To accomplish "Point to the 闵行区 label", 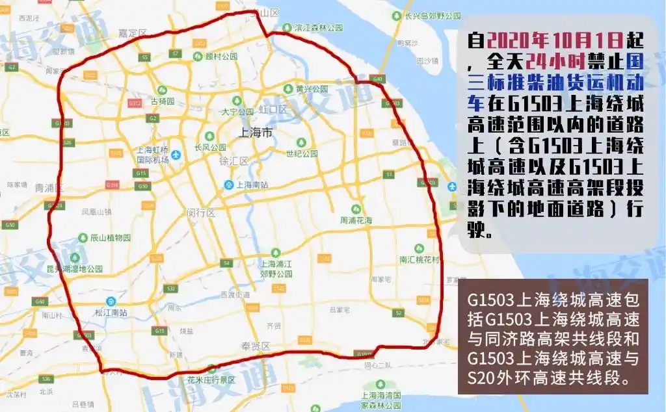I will tap(201, 212).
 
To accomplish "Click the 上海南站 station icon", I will tap(229, 185).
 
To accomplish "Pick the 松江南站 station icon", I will tap(111, 302).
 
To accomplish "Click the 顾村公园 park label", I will tap(222, 57).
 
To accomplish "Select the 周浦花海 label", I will tap(356, 221).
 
